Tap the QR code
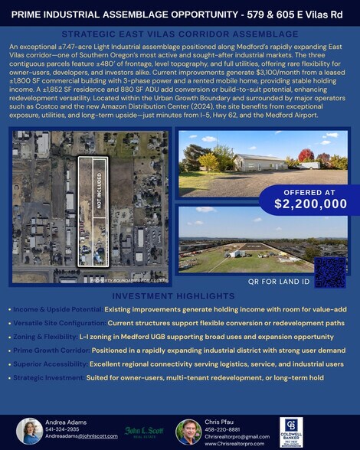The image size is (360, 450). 331,271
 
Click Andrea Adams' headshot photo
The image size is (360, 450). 30,432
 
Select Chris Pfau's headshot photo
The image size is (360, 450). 188,432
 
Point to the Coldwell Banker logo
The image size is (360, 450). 291,432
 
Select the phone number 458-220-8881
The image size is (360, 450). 223,429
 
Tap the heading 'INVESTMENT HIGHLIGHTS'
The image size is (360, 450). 179,296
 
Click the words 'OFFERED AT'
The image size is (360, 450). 310,192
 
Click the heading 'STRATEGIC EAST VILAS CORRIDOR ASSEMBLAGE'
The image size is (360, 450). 179,34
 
